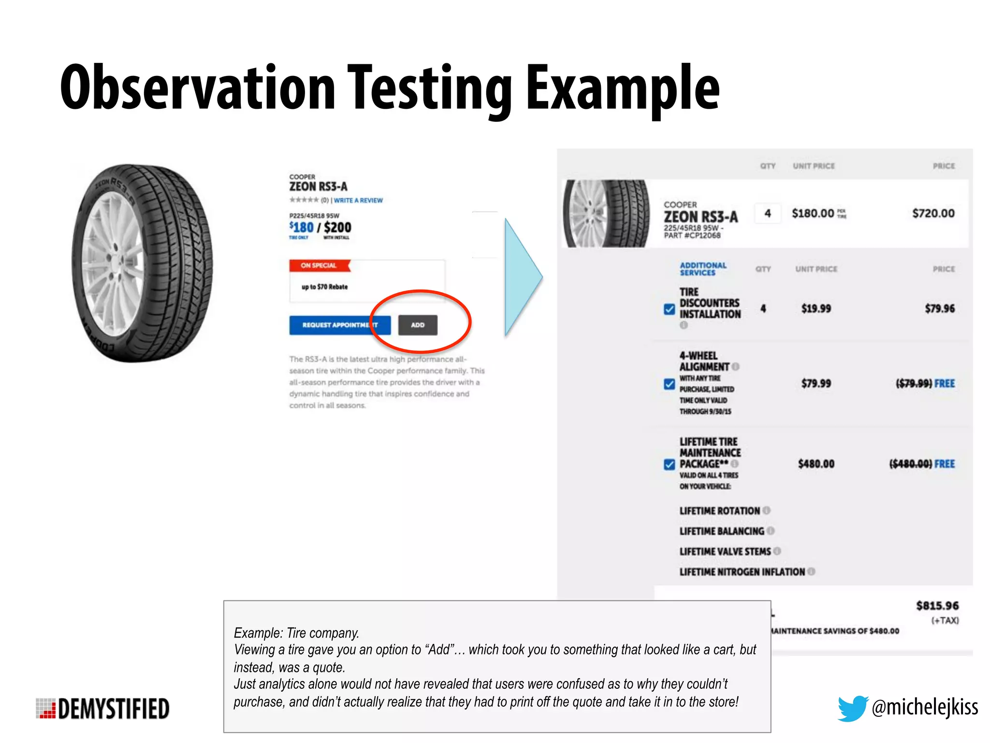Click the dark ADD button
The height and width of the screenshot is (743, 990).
[x=418, y=325]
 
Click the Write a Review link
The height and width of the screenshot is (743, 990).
[x=358, y=200]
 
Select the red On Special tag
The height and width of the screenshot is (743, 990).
[x=319, y=266]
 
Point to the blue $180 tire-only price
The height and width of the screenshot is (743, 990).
[x=302, y=227]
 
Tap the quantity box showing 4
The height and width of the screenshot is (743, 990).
[x=767, y=213]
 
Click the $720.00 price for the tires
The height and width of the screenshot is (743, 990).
[x=933, y=213]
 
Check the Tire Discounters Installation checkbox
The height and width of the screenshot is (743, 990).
[x=669, y=309]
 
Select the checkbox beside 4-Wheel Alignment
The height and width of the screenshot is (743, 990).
[x=669, y=384]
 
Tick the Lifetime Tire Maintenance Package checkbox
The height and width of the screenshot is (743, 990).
[x=669, y=464]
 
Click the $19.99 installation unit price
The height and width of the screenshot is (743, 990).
[x=816, y=309]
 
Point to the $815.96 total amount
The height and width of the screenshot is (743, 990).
[x=937, y=606]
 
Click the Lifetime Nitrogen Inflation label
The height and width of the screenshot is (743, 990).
[x=742, y=572]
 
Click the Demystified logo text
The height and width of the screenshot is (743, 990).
[x=114, y=709]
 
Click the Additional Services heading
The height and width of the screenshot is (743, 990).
[x=703, y=269]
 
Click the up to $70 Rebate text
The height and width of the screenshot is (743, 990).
[x=324, y=287]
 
